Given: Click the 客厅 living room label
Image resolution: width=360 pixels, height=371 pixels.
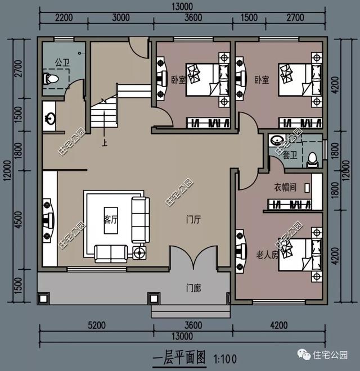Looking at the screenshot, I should coord(111,220).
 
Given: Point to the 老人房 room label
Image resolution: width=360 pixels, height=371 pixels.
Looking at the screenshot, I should coord(267,255).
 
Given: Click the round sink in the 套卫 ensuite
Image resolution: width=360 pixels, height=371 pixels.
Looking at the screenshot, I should coord(276,140).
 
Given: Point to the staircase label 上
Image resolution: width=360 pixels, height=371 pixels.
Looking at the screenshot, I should coord(104,142).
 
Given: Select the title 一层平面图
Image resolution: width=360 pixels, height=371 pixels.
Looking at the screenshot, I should coord(179,356).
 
